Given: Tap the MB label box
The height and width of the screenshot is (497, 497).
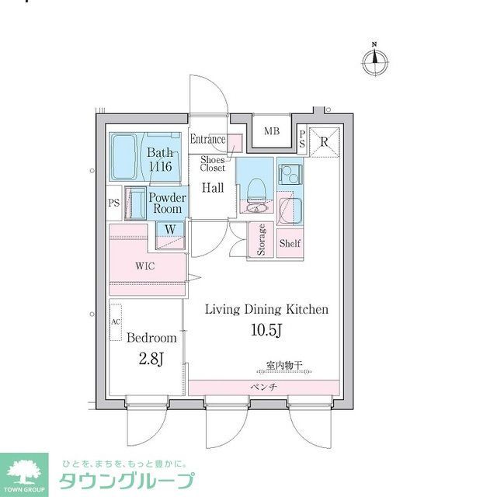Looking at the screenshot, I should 271,131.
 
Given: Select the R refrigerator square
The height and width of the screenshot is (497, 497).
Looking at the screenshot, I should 323,141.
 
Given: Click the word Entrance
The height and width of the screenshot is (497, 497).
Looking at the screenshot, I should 208,140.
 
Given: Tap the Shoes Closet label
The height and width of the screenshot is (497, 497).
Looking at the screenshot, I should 213,163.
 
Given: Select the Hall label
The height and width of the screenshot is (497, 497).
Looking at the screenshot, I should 213,188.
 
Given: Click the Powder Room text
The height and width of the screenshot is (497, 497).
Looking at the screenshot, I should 167,203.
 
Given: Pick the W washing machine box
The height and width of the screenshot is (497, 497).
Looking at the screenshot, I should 169,229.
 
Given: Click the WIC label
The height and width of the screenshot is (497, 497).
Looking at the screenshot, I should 145,266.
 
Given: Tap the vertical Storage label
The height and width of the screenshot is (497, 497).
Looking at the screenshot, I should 262,240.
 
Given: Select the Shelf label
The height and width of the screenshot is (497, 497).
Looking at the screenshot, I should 290,243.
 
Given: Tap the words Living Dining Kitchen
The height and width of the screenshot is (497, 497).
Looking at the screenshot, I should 266,309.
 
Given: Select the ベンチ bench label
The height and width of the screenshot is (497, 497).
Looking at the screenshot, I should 263,387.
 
